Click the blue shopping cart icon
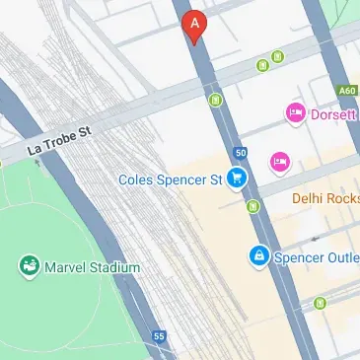pos(236,179)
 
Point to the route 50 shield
pos(241,152)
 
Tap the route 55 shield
pos(159,337)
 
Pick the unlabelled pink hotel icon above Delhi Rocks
pos(279,160)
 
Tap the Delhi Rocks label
pos(325,198)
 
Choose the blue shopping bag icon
pos(258,256)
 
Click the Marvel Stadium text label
pos(93,267)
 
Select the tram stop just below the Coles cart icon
pos(253,206)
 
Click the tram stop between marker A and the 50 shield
pos(215,99)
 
